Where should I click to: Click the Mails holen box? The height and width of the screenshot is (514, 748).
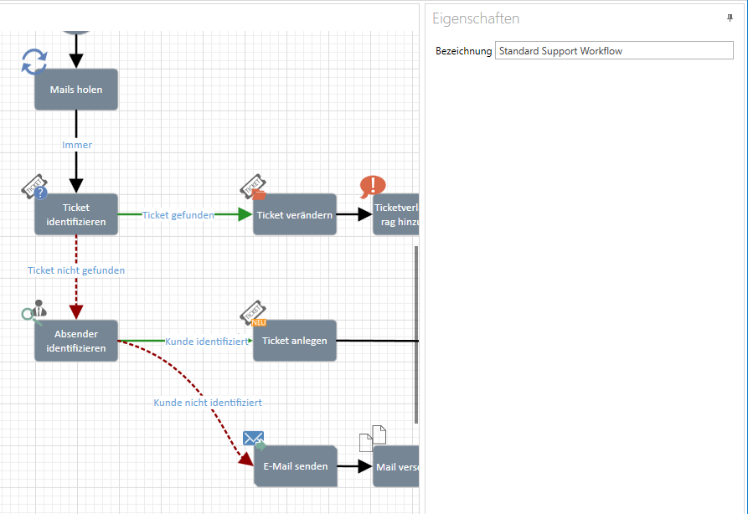76,90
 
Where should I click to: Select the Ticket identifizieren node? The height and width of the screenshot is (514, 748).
76,214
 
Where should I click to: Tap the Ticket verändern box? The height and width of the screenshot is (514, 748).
295,214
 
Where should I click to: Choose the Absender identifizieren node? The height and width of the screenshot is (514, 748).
76,341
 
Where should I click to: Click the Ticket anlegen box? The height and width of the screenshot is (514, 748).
295,341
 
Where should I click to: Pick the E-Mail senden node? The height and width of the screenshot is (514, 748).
295,466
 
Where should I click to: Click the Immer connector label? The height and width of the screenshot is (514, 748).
77,145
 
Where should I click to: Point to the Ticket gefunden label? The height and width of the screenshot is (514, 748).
178,215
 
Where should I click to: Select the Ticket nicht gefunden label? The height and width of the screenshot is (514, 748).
76,270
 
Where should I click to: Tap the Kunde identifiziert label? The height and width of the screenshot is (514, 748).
207,342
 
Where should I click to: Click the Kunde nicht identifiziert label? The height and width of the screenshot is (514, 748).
208,403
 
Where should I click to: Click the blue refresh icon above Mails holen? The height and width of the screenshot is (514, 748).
34,61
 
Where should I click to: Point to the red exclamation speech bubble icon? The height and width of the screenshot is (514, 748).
373,187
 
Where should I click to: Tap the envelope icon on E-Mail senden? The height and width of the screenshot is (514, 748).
254,439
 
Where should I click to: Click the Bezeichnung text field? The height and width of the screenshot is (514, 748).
613,51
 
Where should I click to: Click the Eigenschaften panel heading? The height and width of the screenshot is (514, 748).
476,18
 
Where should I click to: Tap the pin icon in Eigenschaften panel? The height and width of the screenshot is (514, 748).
730,18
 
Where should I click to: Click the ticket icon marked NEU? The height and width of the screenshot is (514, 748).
254,313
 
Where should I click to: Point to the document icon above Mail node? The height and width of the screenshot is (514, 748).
373,439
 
